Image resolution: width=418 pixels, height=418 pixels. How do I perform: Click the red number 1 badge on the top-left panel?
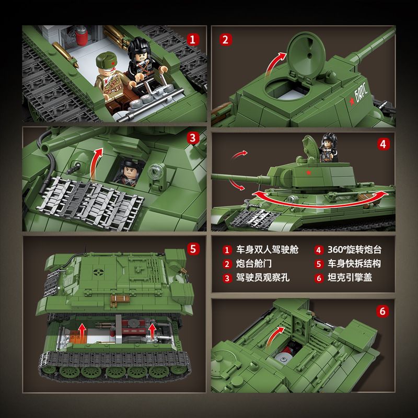(x=194, y=39)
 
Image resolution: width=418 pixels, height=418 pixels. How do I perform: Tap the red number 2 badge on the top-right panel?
(x=226, y=39)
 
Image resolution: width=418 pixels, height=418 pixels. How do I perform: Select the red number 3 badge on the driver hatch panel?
(x=194, y=138)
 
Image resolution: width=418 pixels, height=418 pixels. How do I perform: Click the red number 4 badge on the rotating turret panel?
(x=383, y=144)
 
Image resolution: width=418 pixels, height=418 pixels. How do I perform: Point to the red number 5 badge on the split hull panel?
(x=194, y=249)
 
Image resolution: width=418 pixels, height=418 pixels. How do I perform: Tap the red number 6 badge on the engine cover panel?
(x=383, y=311)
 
